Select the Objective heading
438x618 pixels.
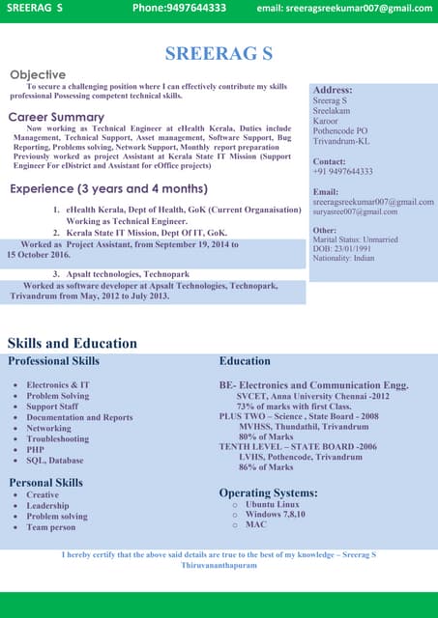38,74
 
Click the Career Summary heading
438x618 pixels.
56,117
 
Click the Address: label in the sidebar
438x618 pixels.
333,89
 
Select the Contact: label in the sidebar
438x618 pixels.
330,161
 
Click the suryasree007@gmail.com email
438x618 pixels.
355,211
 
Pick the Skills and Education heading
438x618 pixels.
73,343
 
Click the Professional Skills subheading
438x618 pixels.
53,361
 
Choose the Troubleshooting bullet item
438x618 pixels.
57,438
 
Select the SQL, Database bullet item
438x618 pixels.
54,461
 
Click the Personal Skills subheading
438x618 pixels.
45,482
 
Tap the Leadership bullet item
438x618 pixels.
47,505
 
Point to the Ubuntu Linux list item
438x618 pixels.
273,504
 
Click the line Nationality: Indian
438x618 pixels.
343,260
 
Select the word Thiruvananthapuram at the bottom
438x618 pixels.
219,564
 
